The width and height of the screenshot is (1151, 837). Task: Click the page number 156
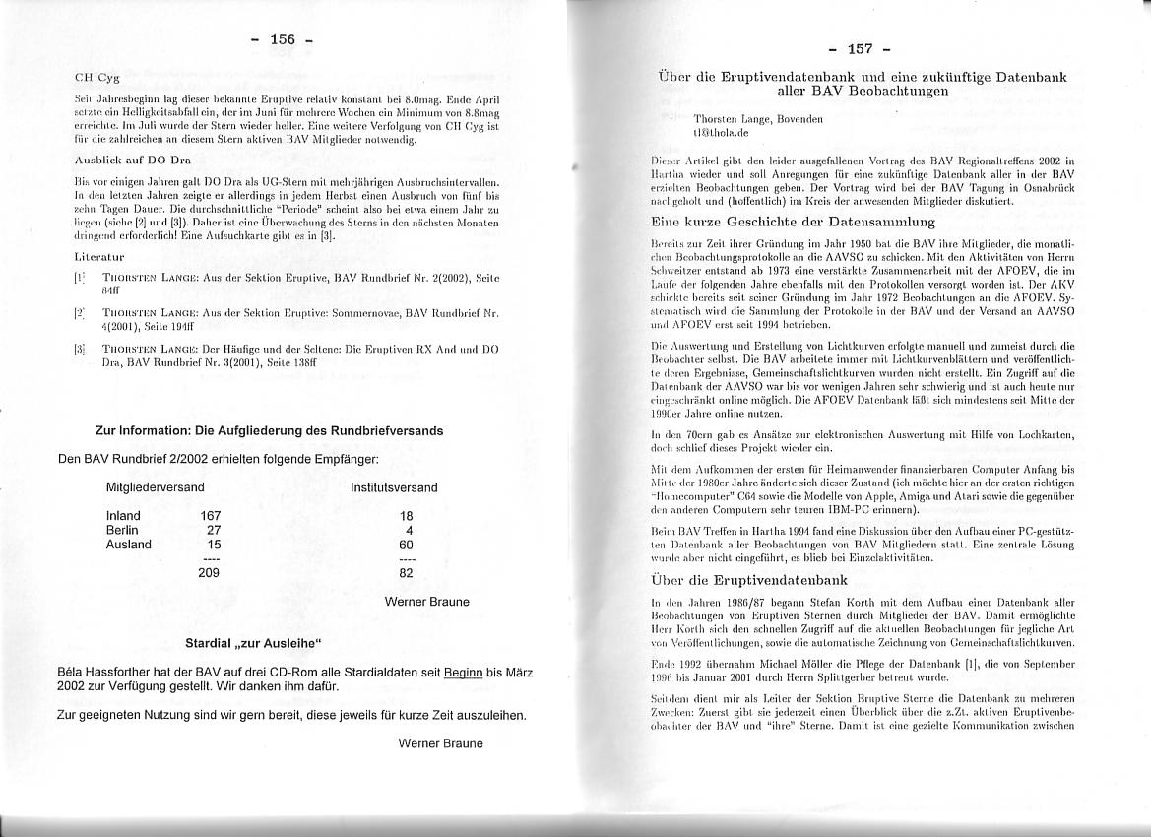[x=283, y=39]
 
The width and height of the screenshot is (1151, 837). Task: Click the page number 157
[x=860, y=49]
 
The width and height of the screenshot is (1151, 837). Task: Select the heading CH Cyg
[x=97, y=77]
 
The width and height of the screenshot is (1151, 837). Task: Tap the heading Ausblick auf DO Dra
[x=133, y=159]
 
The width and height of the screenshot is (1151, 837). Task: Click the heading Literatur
[x=98, y=256]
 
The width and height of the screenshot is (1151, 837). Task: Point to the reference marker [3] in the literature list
[x=80, y=349]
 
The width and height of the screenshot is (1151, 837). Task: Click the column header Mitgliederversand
[x=155, y=487]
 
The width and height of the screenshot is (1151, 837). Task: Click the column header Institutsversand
[x=394, y=487]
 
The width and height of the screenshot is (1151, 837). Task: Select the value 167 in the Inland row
[x=210, y=515]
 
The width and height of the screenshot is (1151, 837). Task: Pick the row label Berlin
[x=122, y=530]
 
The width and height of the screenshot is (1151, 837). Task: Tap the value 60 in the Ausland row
[x=406, y=544]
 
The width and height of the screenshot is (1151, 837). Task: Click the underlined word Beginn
[x=463, y=673]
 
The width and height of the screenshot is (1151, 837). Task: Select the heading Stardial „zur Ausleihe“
[x=255, y=644]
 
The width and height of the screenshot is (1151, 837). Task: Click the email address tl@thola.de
[x=722, y=131]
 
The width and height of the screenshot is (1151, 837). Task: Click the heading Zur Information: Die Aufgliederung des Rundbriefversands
[x=269, y=430]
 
